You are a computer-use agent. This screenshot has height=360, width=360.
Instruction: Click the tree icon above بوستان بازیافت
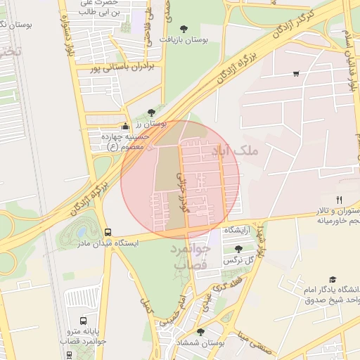tap(184, 29)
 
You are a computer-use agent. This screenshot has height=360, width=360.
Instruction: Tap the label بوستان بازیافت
tap(184, 41)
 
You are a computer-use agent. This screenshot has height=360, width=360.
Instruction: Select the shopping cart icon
tap(296, 73)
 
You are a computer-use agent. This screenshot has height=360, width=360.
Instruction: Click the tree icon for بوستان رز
tap(151, 112)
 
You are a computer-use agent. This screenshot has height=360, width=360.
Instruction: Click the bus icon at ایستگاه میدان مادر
tap(108, 231)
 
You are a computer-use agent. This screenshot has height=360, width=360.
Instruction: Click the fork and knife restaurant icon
tap(340, 200)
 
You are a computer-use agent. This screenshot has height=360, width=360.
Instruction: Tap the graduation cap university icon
tap(333, 279)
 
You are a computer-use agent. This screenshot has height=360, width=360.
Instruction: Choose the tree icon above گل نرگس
tap(238, 248)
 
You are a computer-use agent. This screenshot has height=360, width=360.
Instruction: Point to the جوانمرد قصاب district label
tap(190, 257)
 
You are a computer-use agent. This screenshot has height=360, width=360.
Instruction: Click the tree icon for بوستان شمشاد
tap(201, 331)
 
